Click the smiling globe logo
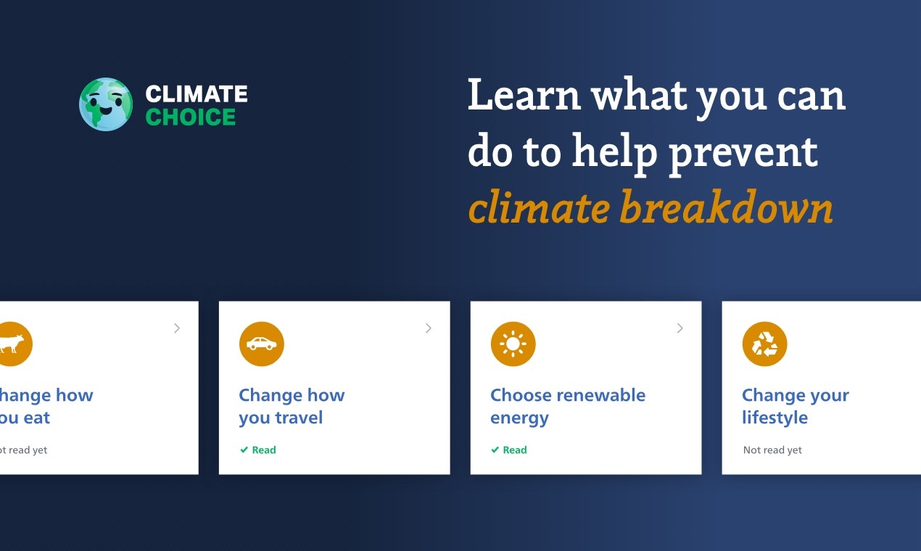[x=106, y=104]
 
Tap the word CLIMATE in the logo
[x=196, y=94]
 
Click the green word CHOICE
[x=190, y=117]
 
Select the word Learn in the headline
[x=524, y=95]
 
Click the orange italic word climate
[x=538, y=208]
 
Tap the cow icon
[x=12, y=344]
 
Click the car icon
[x=261, y=344]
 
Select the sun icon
[x=513, y=344]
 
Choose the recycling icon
[x=764, y=344]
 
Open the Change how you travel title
[x=292, y=406]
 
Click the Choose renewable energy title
[x=567, y=406]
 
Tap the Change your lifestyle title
[x=795, y=406]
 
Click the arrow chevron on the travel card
[x=429, y=328]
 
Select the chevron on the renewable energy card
[x=680, y=328]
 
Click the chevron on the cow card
[x=177, y=328]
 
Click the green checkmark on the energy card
[x=495, y=450]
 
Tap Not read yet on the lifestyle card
[x=772, y=450]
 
